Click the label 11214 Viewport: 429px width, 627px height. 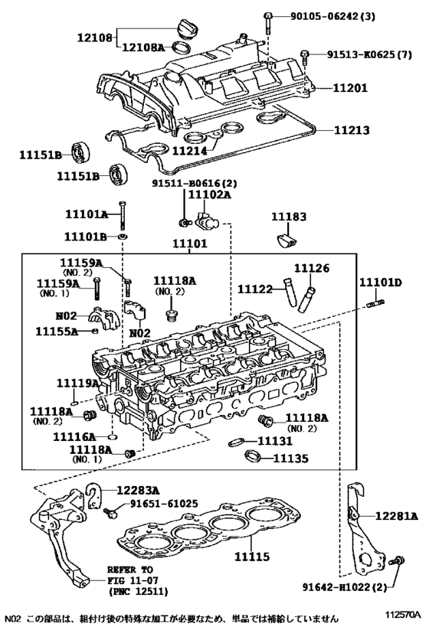pyautogui.click(x=190, y=150)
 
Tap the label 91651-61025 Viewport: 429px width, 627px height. pyautogui.click(x=163, y=504)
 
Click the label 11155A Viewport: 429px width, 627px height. pyautogui.click(x=56, y=331)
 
